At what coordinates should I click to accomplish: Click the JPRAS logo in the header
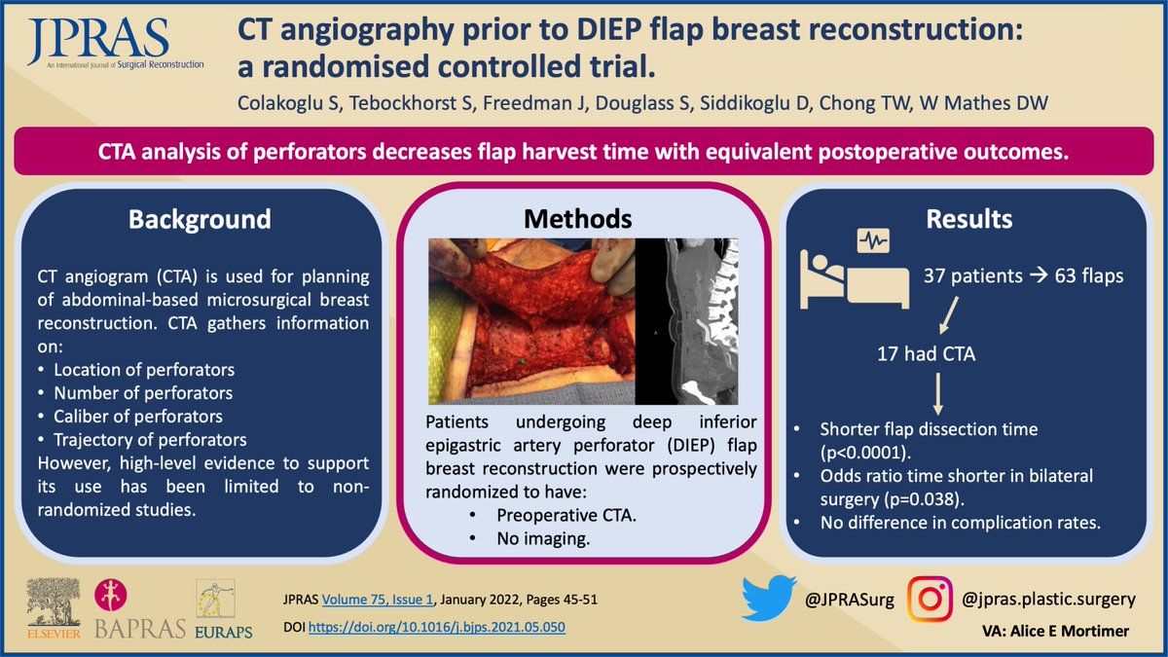pos(115,44)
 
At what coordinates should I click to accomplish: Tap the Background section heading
pos(200,219)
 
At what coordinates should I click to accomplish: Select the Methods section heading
pos(578,219)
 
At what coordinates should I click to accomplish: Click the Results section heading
pos(969,219)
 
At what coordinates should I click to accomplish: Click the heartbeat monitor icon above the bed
pos(873,241)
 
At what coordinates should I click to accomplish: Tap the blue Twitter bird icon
pos(769,598)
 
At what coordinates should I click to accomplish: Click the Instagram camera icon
pos(930,600)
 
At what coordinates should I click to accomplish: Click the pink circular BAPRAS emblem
pos(111,595)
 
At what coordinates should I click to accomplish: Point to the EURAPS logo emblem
pos(216,600)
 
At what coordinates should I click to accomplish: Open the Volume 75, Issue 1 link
pos(378,600)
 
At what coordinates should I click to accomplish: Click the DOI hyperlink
pos(436,627)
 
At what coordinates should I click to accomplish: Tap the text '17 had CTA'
pos(926,354)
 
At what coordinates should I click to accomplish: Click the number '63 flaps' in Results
pos(1089,275)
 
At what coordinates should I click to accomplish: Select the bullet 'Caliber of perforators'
pos(138,417)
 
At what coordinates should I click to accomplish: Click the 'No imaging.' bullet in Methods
pos(543,538)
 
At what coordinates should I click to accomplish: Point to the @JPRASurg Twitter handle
pos(850,600)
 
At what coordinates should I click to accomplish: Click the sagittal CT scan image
pos(687,321)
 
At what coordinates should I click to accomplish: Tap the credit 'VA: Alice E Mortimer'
pos(1056,631)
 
